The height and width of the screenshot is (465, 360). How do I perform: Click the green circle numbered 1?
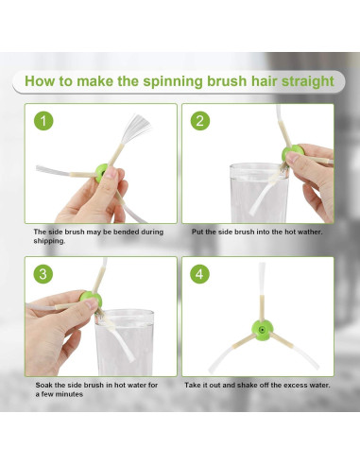pyautogui.click(x=43, y=121)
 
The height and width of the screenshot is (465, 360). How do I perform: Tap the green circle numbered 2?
pyautogui.click(x=200, y=121)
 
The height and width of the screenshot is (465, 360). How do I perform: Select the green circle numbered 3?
pyautogui.click(x=43, y=273)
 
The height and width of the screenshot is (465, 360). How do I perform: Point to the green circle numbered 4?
pyautogui.click(x=199, y=273)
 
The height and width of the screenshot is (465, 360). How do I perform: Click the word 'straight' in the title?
pyautogui.click(x=308, y=81)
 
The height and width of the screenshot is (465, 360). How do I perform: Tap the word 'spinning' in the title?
pyautogui.click(x=173, y=81)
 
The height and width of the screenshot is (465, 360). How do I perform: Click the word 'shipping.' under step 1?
pyautogui.click(x=49, y=241)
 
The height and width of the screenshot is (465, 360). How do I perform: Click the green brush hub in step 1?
pyautogui.click(x=101, y=173)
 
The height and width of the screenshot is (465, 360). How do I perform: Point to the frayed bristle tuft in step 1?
pyautogui.click(x=136, y=128)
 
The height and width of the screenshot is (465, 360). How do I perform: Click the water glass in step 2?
pyautogui.click(x=259, y=193)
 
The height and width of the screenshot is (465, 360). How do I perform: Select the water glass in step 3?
pyautogui.click(x=125, y=342)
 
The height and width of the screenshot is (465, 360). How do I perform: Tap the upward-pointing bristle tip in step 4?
pyautogui.click(x=262, y=265)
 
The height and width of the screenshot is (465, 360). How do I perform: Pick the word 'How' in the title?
pyautogui.click(x=39, y=81)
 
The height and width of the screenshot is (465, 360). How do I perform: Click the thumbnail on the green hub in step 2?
pyautogui.click(x=292, y=157)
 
